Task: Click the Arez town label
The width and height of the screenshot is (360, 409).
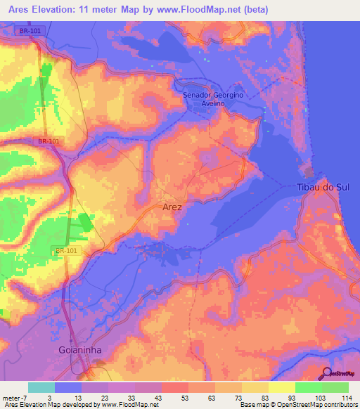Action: coord(172,207)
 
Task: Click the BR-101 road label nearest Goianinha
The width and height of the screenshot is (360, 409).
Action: coord(64,250)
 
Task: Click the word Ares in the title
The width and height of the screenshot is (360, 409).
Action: coord(17,10)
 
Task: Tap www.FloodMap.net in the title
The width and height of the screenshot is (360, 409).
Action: coord(210,10)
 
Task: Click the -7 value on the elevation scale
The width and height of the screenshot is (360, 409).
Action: coord(24,398)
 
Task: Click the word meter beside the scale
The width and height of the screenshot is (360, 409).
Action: coord(11,398)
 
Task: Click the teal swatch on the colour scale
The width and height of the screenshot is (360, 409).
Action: coord(41,387)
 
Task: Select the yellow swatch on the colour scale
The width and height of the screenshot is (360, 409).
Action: coord(281,387)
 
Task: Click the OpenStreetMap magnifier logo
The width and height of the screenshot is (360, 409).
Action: coord(326,373)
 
